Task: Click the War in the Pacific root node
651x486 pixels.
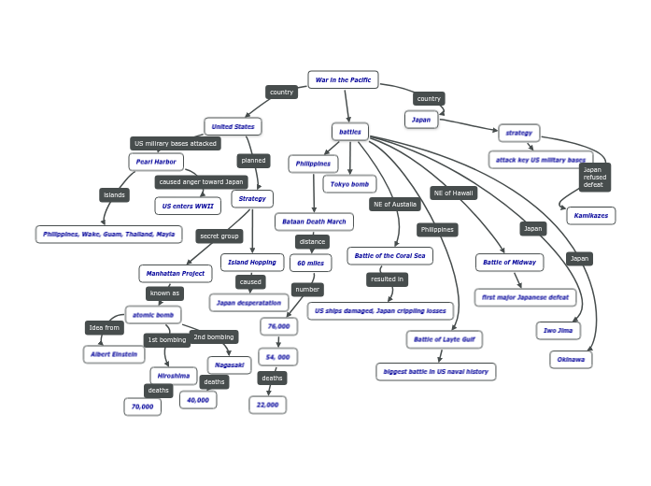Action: (343, 80)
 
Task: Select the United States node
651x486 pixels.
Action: (233, 126)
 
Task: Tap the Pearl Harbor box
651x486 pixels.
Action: (156, 162)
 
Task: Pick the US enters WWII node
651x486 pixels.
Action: (187, 206)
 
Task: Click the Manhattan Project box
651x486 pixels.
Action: (175, 274)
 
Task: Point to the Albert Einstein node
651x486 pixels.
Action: (114, 354)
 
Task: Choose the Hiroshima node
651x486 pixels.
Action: (173, 376)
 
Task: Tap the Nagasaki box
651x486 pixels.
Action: (229, 364)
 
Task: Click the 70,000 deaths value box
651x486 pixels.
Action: (142, 407)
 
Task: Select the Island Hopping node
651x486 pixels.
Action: (252, 263)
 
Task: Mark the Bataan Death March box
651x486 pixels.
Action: (314, 222)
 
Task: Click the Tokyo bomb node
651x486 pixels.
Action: (349, 184)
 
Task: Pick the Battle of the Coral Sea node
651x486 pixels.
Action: (389, 255)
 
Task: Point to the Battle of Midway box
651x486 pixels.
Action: (509, 263)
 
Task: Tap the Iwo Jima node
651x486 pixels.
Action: (558, 330)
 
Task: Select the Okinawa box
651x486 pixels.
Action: (571, 359)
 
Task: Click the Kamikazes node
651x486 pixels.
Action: (590, 216)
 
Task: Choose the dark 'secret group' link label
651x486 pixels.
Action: (219, 236)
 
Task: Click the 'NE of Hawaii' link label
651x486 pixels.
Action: (454, 193)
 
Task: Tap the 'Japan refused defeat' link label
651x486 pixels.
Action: (594, 178)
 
